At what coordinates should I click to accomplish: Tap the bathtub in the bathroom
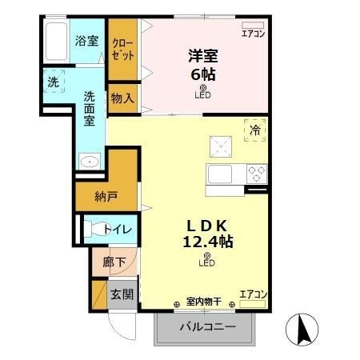(x=56, y=39)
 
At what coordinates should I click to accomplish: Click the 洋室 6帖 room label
(x=203, y=64)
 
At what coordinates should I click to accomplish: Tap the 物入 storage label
(x=122, y=98)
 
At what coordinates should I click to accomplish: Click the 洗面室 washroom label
(x=90, y=108)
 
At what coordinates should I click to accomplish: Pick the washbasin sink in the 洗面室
(x=90, y=162)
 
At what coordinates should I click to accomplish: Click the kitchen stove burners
(x=256, y=173)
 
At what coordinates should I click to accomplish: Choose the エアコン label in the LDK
(x=252, y=294)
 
